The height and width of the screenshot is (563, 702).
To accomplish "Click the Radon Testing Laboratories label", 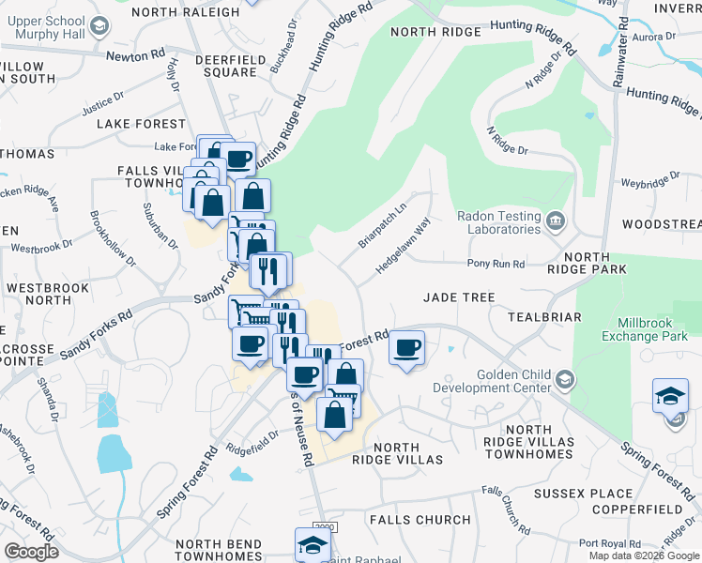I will [x=498, y=221].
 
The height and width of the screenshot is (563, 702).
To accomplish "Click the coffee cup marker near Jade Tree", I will [x=406, y=348].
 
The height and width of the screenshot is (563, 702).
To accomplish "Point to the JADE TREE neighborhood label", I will [x=458, y=297].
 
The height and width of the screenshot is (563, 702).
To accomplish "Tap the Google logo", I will [x=31, y=552].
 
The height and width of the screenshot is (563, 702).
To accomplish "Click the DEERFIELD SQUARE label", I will [x=228, y=66].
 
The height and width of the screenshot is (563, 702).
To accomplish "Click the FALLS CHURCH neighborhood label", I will [x=420, y=520].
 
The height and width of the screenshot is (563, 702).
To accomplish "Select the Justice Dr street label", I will [x=102, y=102].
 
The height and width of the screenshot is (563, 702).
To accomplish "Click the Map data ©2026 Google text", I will [x=643, y=555].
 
